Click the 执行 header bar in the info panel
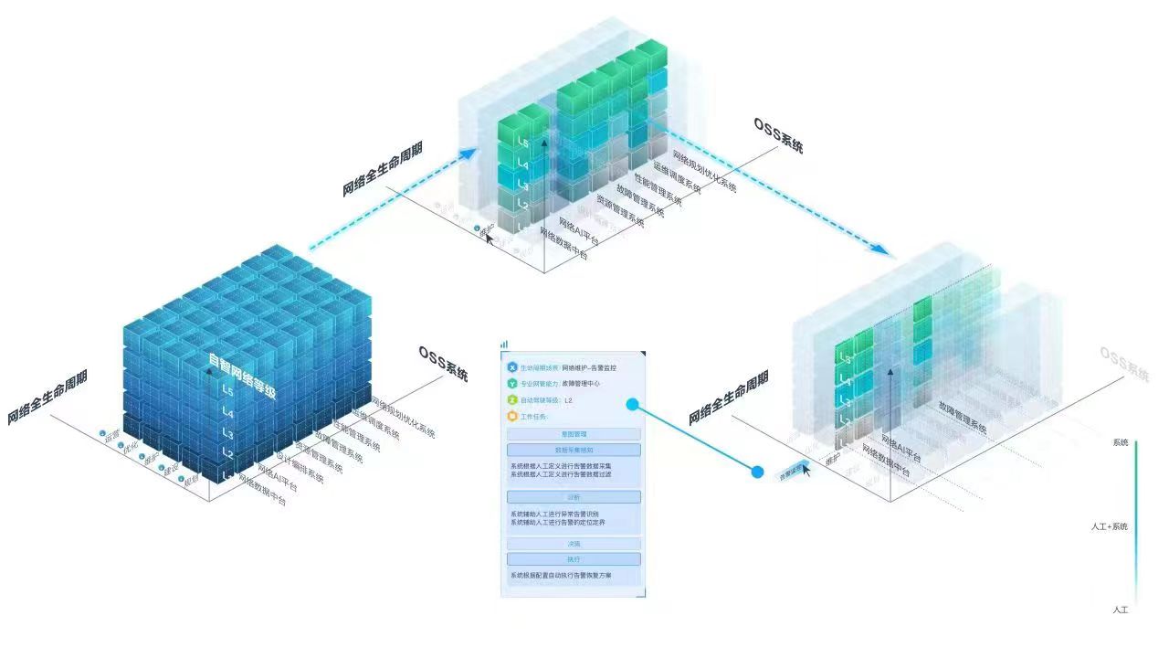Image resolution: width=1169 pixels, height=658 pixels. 574,558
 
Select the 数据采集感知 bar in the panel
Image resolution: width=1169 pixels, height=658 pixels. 574,450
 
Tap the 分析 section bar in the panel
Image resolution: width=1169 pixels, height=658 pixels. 574,496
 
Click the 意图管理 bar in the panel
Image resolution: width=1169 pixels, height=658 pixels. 574,434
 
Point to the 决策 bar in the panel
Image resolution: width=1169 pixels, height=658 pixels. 574,544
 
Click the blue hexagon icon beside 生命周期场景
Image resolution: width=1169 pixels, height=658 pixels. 512,366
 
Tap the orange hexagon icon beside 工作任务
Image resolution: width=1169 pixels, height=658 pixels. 512,417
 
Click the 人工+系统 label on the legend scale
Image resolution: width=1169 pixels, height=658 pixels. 1109,526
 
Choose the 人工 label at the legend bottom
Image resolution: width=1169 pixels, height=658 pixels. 1120,610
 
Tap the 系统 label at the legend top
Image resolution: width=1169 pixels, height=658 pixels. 1120,442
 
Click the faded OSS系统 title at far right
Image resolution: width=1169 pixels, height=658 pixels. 1124,364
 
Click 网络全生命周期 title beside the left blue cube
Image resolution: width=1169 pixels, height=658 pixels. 47,398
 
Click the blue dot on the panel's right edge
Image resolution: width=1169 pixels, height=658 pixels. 632,403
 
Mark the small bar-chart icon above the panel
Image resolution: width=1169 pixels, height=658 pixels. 504,345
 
